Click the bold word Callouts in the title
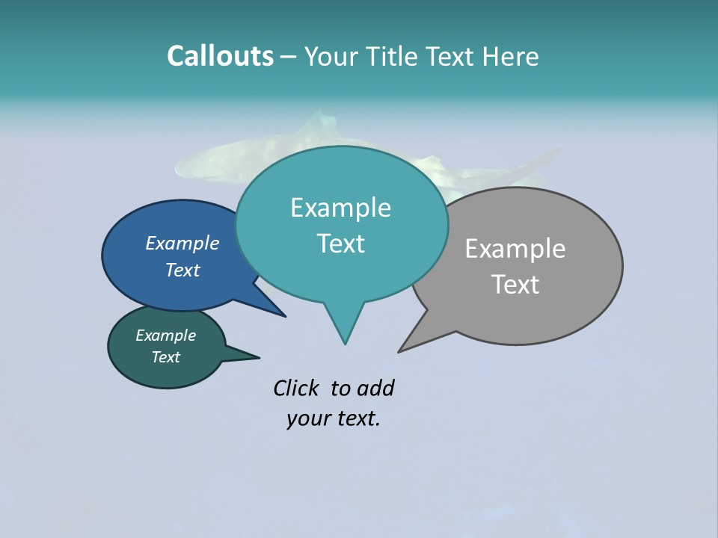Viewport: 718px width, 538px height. click(x=220, y=56)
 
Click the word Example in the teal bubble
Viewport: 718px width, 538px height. click(x=340, y=208)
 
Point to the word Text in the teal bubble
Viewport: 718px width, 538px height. click(x=340, y=244)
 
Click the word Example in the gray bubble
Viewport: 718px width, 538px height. click(x=515, y=249)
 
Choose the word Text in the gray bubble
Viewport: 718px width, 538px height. click(x=515, y=285)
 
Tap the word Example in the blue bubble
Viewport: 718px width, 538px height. click(x=182, y=243)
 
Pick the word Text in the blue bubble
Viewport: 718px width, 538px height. click(x=182, y=270)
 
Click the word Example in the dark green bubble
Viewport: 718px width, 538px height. click(x=166, y=336)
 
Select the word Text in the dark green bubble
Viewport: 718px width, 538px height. click(x=166, y=357)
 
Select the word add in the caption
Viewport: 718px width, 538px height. click(x=375, y=388)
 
